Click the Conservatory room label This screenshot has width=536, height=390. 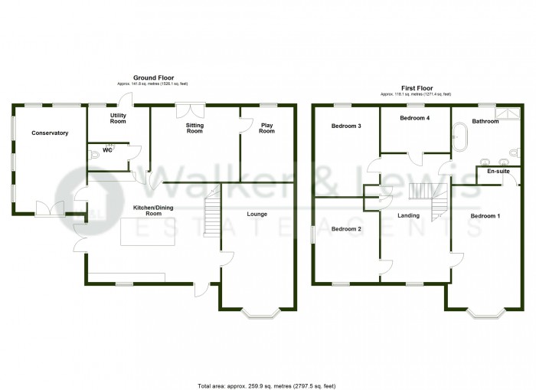[50, 133]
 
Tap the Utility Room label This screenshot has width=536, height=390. [118, 118]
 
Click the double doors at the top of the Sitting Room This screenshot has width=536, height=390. [187, 111]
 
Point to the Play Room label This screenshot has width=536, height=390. [266, 128]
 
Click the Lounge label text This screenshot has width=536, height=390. [257, 214]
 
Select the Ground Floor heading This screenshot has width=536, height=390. [152, 77]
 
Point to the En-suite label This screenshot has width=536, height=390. [499, 172]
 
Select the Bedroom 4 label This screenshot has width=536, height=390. [416, 119]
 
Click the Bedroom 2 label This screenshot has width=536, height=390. [346, 229]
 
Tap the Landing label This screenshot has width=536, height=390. [408, 216]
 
